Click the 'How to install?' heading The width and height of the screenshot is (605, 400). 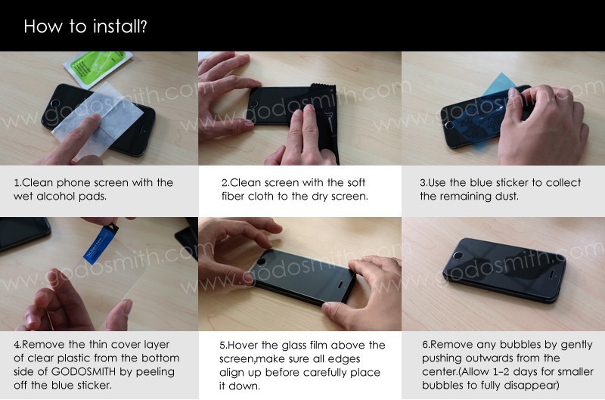click(x=85, y=26)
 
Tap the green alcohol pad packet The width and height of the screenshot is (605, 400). click(x=98, y=67)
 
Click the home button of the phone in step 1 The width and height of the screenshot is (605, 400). click(x=56, y=104)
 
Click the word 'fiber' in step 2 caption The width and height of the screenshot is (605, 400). click(x=233, y=197)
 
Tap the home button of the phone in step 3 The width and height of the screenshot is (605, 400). click(x=449, y=125)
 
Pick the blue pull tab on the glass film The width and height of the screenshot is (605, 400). click(x=101, y=244)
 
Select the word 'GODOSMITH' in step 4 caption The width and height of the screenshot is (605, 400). click(x=83, y=372)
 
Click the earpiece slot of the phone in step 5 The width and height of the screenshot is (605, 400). click(x=341, y=285)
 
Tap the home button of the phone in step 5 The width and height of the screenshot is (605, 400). click(x=261, y=262)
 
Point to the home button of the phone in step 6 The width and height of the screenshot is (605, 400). click(x=458, y=256)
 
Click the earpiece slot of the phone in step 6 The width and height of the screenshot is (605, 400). click(x=551, y=274)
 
